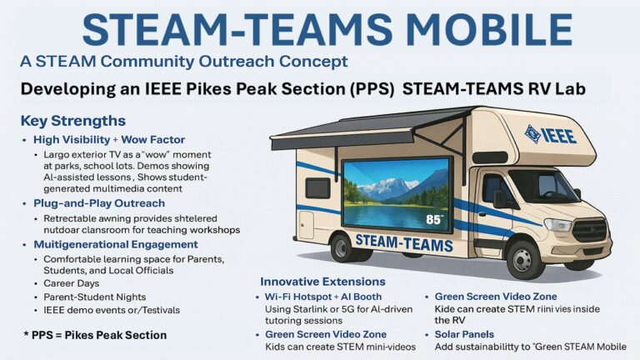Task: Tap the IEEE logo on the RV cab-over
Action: tap(550, 135)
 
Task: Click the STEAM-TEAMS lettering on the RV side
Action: tap(404, 242)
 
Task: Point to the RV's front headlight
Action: tap(558, 225)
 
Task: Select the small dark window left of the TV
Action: tap(318, 188)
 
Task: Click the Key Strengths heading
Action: tap(73, 121)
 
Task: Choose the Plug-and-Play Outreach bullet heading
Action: tap(99, 203)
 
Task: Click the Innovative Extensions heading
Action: tap(322, 282)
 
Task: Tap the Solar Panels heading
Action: tap(464, 334)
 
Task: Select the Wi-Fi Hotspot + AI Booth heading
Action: tap(323, 297)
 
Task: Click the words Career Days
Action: tap(72, 283)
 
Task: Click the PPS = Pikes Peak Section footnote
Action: tap(95, 335)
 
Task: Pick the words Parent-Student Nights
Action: tap(95, 297)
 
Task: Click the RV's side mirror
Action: tap(499, 199)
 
